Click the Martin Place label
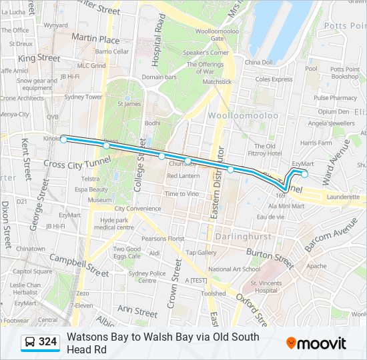point(95,39)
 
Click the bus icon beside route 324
point(30,343)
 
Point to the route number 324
point(48,343)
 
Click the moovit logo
point(316,343)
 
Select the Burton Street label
point(270,257)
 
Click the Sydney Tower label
point(83,97)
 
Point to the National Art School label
point(234,269)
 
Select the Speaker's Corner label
point(206,53)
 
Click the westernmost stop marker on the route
point(63,139)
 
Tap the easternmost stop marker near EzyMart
point(305,175)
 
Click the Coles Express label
point(274,79)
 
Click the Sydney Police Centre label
point(147,277)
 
